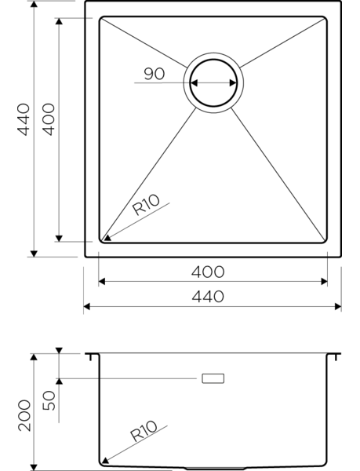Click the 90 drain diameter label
[155, 74]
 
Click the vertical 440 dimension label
[24, 119]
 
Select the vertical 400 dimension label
[49, 119]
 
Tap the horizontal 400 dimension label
[208, 272]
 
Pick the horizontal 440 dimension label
[208, 297]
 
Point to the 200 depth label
[24, 416]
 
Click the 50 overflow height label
[49, 400]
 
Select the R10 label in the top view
[146, 205]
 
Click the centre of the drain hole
[213, 83]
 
